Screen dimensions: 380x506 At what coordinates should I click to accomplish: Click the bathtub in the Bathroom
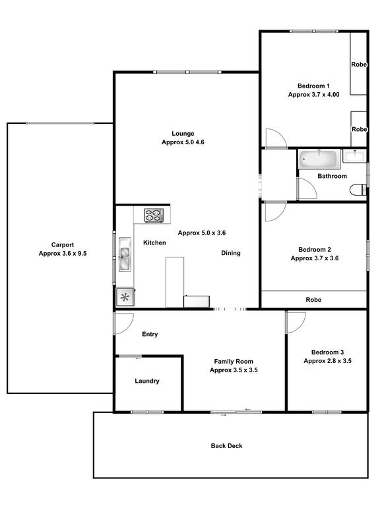[x=319, y=159]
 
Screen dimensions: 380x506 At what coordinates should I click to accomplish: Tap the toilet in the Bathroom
[x=358, y=190]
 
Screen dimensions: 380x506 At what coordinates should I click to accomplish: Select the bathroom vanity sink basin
[x=354, y=156]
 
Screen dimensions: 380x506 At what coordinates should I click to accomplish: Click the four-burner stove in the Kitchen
[x=154, y=215]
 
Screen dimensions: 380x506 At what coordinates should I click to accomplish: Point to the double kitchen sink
[x=125, y=254]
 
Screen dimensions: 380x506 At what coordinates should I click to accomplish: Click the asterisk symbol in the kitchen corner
[x=125, y=297]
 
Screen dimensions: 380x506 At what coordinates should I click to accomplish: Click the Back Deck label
[x=226, y=445]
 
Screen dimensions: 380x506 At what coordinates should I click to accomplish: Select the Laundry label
[x=147, y=381]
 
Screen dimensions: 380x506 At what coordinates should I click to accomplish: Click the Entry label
[x=150, y=334]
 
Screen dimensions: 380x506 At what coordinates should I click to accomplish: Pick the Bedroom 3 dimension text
[x=327, y=361]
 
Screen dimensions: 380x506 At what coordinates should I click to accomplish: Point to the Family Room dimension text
[x=234, y=370]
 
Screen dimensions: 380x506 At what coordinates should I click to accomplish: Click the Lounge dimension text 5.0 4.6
[x=183, y=142]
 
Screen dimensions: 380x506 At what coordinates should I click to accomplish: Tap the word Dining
[x=231, y=253]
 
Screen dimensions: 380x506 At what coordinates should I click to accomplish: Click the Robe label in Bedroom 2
[x=313, y=300]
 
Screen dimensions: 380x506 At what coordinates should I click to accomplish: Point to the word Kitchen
[x=154, y=242]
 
